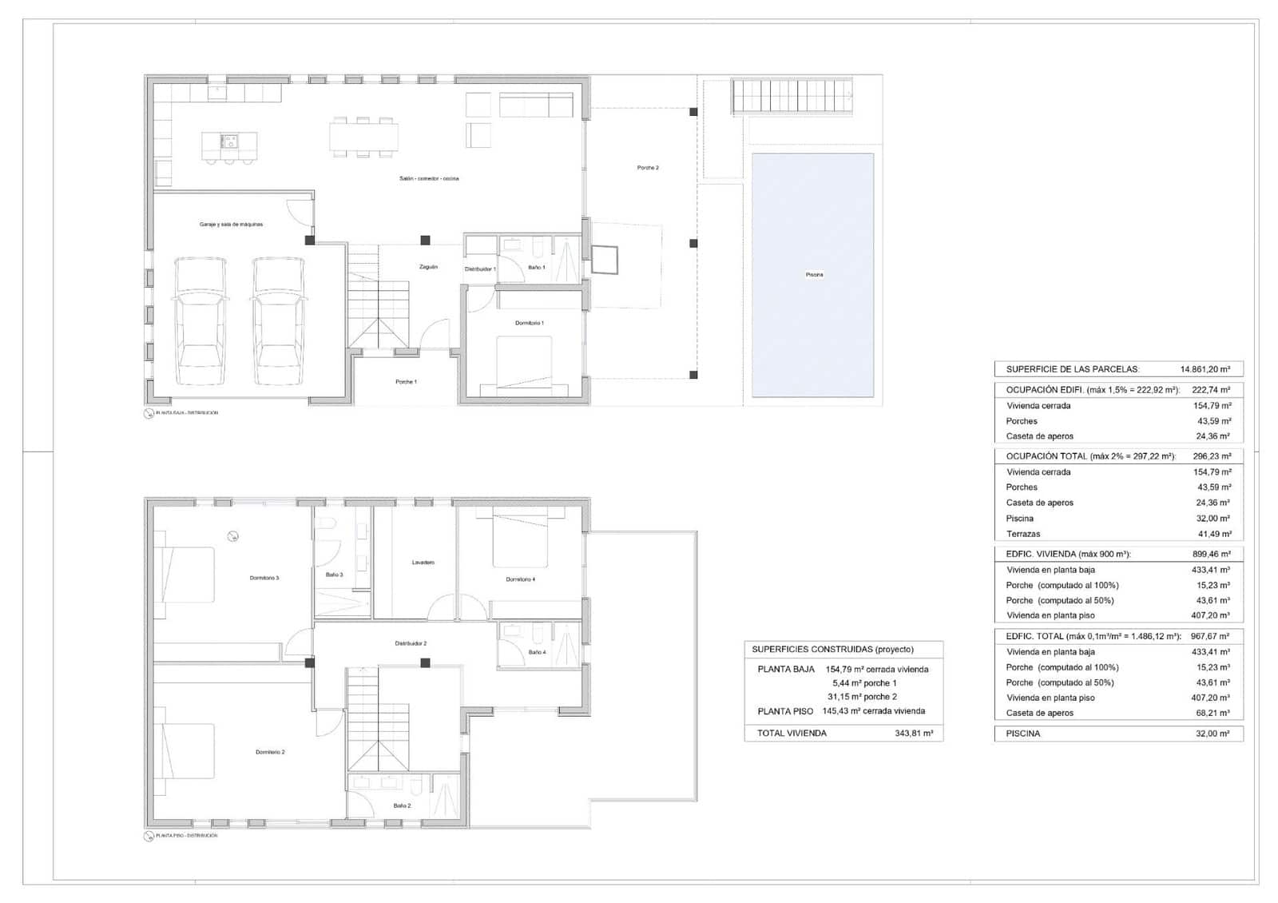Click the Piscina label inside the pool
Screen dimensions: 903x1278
point(814,275)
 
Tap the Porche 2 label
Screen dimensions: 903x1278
point(648,168)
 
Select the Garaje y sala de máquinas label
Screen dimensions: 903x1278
point(231,225)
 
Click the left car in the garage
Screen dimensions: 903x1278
point(200,321)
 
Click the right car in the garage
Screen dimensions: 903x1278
point(279,321)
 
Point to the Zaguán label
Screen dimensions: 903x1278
point(428,267)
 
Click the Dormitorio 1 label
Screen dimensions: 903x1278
point(529,323)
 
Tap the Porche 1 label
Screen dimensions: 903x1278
point(406,382)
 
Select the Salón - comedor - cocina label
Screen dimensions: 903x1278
point(429,178)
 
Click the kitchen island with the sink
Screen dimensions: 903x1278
point(229,144)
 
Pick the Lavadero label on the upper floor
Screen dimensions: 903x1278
point(423,563)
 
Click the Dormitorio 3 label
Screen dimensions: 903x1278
point(264,578)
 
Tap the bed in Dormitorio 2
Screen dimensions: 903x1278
point(188,751)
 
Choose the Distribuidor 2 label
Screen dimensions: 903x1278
point(411,643)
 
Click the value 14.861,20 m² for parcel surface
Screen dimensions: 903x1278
point(1205,369)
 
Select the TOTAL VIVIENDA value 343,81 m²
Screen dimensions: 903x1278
point(914,733)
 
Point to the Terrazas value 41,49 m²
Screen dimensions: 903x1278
point(1213,534)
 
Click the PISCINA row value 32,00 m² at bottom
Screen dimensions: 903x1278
point(1213,733)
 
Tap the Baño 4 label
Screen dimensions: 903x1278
point(537,652)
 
